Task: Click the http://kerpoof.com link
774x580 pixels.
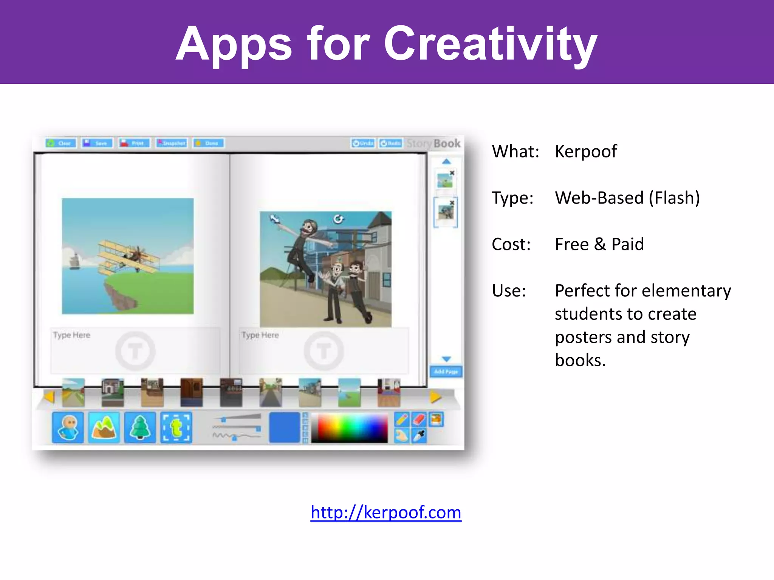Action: point(386,512)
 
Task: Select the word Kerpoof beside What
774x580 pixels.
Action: point(586,151)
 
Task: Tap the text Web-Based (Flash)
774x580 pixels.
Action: point(627,198)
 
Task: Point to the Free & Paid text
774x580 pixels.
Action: point(599,244)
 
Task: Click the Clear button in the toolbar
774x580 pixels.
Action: point(61,143)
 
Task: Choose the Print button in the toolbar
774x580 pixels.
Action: point(134,143)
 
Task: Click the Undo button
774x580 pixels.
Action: point(363,143)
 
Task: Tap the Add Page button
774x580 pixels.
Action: point(446,372)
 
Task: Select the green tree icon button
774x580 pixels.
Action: point(140,427)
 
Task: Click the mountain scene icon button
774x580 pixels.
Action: point(104,427)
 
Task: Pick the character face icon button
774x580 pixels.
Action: point(68,427)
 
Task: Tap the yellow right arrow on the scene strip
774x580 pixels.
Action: point(435,397)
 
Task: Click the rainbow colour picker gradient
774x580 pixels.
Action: point(349,428)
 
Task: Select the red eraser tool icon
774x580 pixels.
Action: point(419,419)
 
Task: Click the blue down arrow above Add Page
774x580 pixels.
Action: point(446,359)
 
